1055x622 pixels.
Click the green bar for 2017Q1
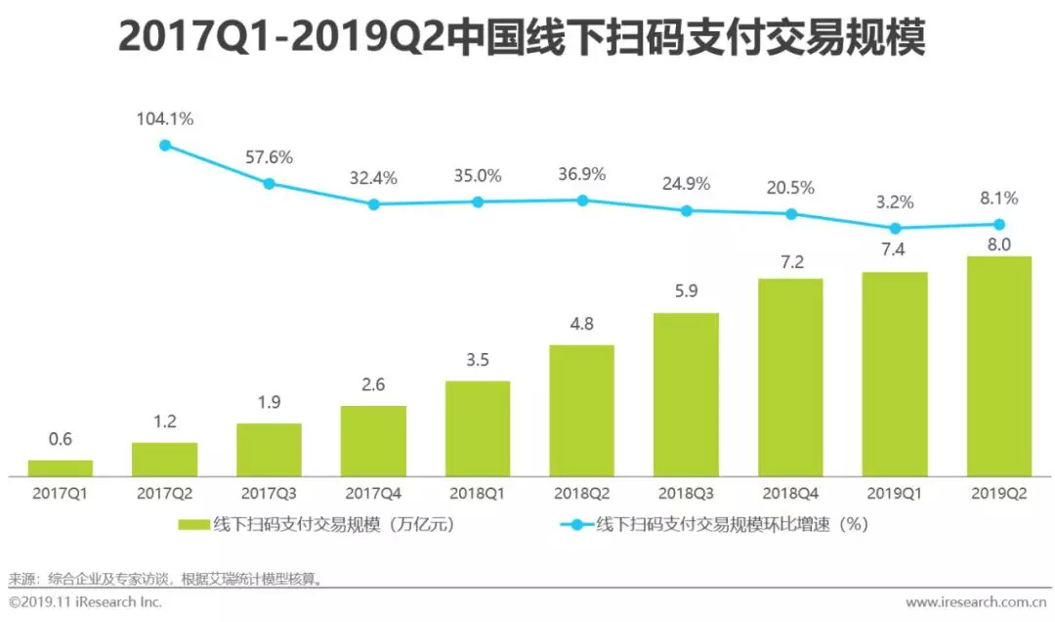pyautogui.click(x=60, y=467)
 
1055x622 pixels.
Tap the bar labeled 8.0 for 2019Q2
pyautogui.click(x=998, y=366)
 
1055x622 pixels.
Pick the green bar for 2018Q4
pyautogui.click(x=790, y=377)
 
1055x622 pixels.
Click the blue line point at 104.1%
pyautogui.click(x=165, y=145)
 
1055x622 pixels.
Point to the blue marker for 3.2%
pyautogui.click(x=895, y=227)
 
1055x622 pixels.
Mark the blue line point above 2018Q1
pyautogui.click(x=478, y=201)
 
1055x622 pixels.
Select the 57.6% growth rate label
pyautogui.click(x=270, y=156)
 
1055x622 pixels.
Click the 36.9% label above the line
pyautogui.click(x=582, y=174)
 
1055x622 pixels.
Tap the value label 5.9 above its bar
pyautogui.click(x=686, y=290)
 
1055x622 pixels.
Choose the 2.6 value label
pyautogui.click(x=373, y=384)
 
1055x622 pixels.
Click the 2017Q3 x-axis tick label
pyautogui.click(x=269, y=493)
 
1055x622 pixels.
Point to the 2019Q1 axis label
pyautogui.click(x=895, y=493)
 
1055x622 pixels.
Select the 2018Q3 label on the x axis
pyautogui.click(x=686, y=493)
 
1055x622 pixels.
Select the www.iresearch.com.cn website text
pyautogui.click(x=976, y=602)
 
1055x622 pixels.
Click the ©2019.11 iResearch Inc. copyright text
pyautogui.click(x=86, y=602)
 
